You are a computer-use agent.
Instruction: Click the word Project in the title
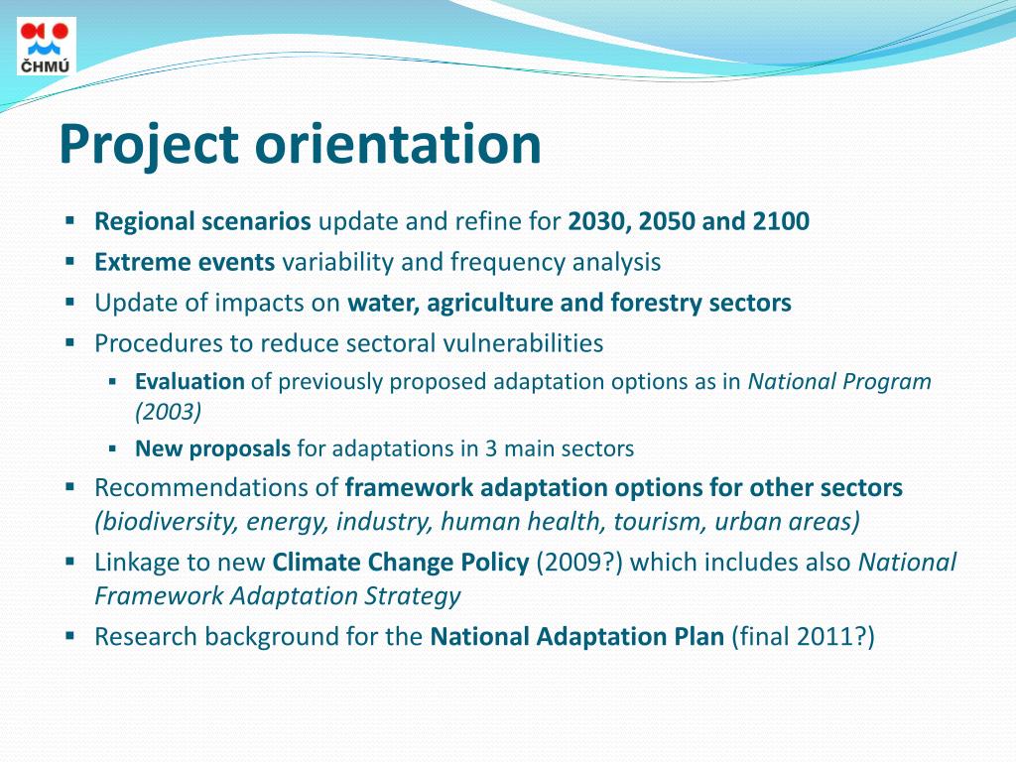pyautogui.click(x=149, y=144)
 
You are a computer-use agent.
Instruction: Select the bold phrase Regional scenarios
pyautogui.click(x=202, y=221)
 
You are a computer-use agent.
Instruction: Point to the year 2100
pyautogui.click(x=781, y=221)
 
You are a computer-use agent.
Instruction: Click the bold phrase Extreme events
pyautogui.click(x=185, y=262)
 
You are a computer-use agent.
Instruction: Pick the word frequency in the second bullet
pyautogui.click(x=506, y=262)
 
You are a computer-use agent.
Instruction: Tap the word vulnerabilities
pyautogui.click(x=522, y=343)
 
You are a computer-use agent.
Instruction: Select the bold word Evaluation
pyautogui.click(x=190, y=382)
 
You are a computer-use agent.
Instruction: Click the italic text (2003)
pyautogui.click(x=169, y=412)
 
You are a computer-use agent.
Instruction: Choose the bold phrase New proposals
pyautogui.click(x=212, y=448)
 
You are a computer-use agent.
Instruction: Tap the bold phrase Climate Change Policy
pyautogui.click(x=401, y=563)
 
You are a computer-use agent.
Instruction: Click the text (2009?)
pyautogui.click(x=579, y=563)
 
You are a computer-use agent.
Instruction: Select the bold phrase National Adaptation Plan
pyautogui.click(x=576, y=636)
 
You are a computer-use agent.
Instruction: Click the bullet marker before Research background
pyautogui.click(x=70, y=635)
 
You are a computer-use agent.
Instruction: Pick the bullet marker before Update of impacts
pyautogui.click(x=70, y=302)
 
